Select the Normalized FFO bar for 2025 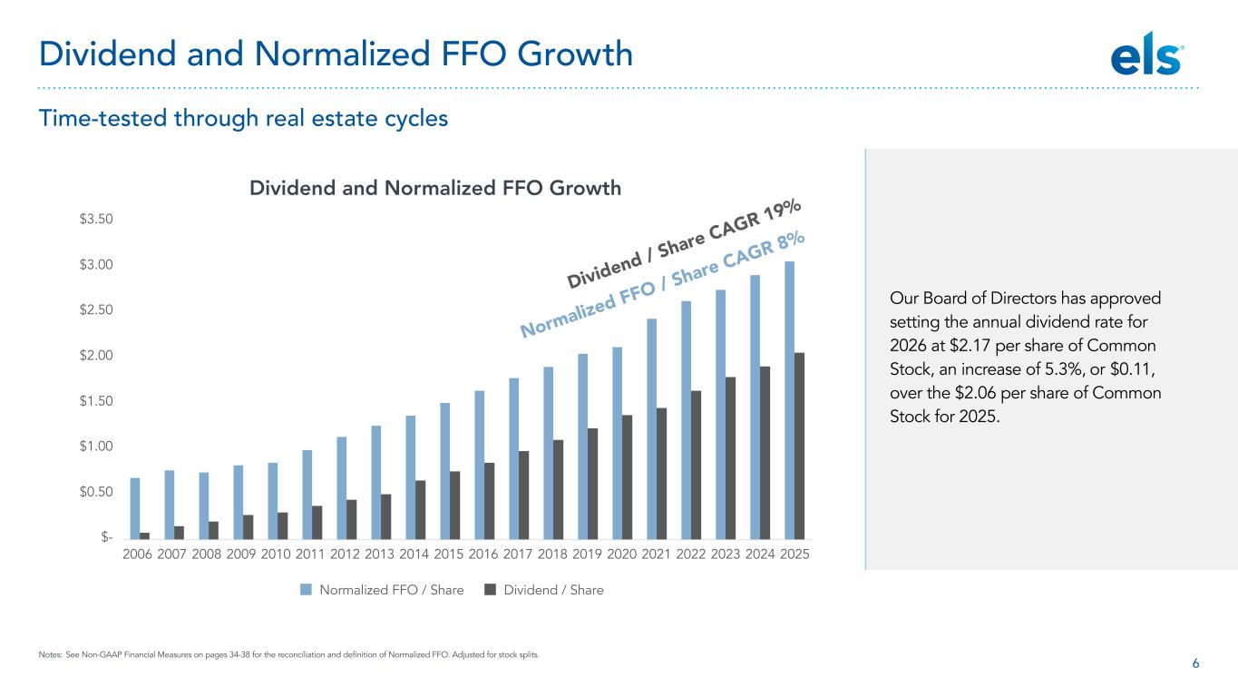tap(789, 399)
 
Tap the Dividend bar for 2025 tap(800, 445)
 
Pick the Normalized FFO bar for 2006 tap(135, 507)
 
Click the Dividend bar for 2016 tap(490, 500)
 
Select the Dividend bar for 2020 tap(628, 476)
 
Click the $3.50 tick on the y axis tap(95, 220)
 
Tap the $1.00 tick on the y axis tap(95, 447)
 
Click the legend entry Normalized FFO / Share tap(383, 590)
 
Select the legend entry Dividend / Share tap(544, 590)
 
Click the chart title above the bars tap(435, 188)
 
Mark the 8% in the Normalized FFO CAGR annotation tap(792, 241)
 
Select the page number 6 tap(1195, 664)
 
